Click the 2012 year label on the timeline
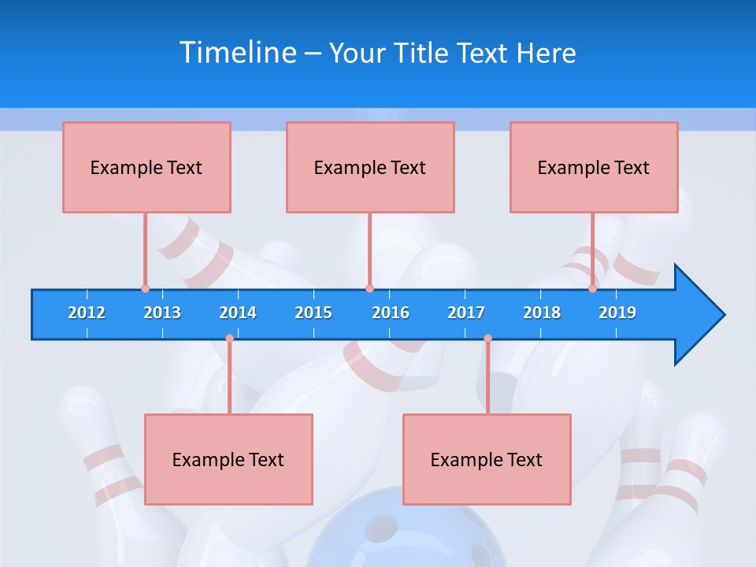coord(87,313)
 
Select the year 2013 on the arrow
coord(162,313)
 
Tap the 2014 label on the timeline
coord(238,313)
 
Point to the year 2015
coord(313,313)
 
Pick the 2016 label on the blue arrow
coord(391,313)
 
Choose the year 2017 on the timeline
coord(466,313)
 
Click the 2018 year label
coord(542,313)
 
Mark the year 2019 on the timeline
coord(617,313)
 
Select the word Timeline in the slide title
coord(238,53)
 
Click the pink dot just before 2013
coord(145,289)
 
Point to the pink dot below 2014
coord(229,339)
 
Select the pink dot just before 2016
coord(369,289)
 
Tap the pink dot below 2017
coord(487,339)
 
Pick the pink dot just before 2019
coord(592,289)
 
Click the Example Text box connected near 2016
coord(370,167)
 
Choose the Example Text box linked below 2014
coord(228,459)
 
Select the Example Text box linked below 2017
coord(487,459)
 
